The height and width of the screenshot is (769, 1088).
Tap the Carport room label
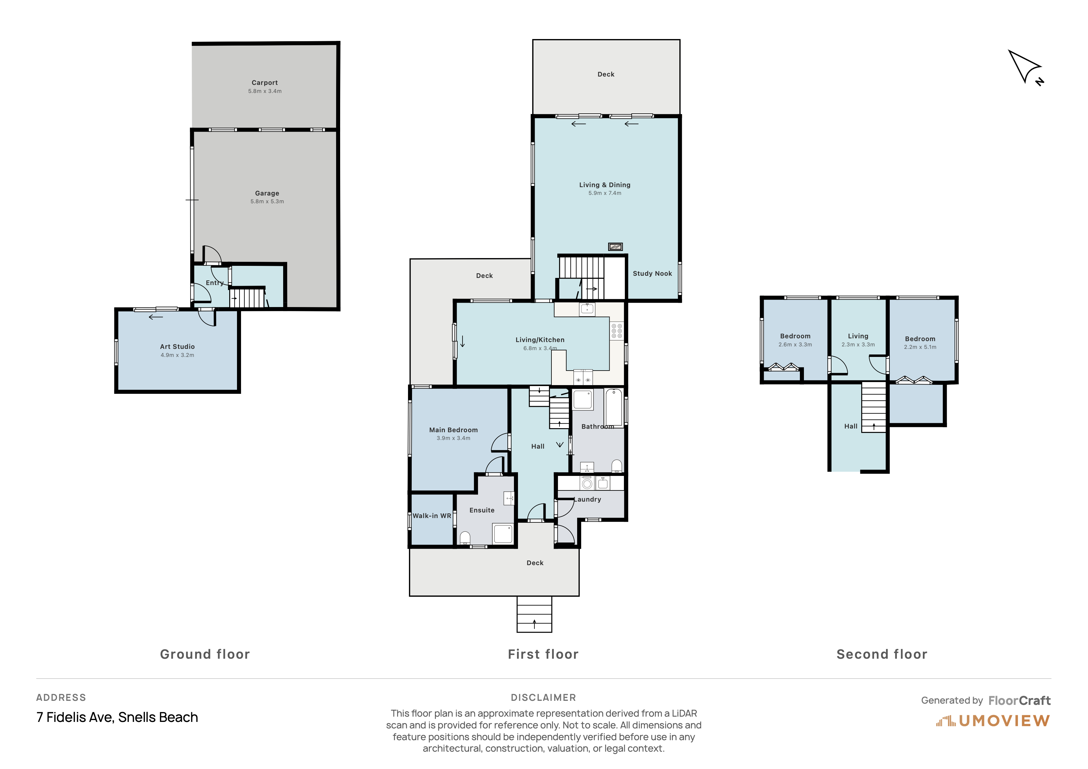[265, 82]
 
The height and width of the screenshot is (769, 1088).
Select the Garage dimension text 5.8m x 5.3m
[267, 201]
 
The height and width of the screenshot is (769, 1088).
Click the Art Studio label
[177, 347]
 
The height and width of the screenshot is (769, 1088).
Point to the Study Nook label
[652, 273]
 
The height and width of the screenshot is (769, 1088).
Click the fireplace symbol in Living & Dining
[615, 246]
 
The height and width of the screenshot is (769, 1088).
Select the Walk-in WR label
[432, 516]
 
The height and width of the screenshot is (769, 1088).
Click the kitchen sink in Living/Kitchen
[587, 309]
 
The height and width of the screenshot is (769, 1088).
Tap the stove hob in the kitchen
[616, 331]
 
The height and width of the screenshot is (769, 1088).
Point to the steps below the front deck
[534, 614]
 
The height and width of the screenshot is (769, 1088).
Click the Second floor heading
[882, 654]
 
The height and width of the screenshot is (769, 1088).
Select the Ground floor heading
[205, 654]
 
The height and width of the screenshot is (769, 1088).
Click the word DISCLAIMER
[543, 697]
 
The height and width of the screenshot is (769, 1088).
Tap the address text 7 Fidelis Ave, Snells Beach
[117, 717]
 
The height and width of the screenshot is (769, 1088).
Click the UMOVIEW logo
[993, 721]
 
